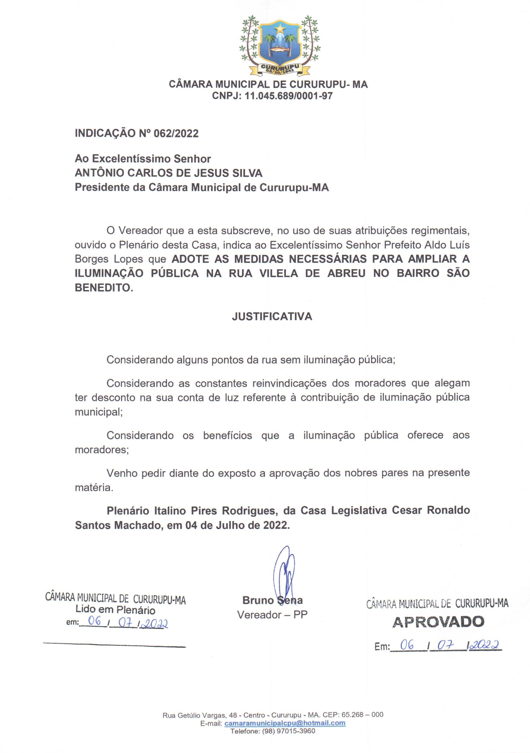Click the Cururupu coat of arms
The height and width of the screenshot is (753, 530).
pos(280,45)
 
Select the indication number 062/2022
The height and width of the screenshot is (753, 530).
pos(176,133)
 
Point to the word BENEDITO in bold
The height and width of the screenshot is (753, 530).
pos(103,288)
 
